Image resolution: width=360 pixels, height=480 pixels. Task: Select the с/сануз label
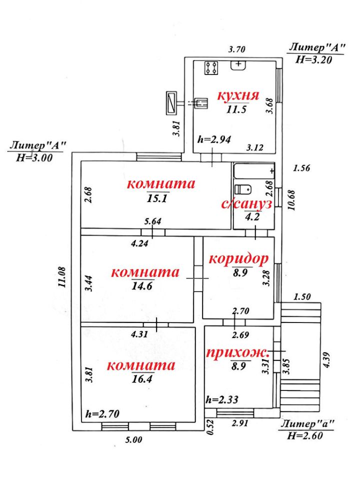pos(246,204)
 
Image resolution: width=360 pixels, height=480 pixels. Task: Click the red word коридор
pos(238,259)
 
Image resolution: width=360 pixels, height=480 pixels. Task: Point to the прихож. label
pos(238,352)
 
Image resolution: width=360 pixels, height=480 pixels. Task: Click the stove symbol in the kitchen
pos(211,67)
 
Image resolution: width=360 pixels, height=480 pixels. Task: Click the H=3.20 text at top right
pos(312,58)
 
